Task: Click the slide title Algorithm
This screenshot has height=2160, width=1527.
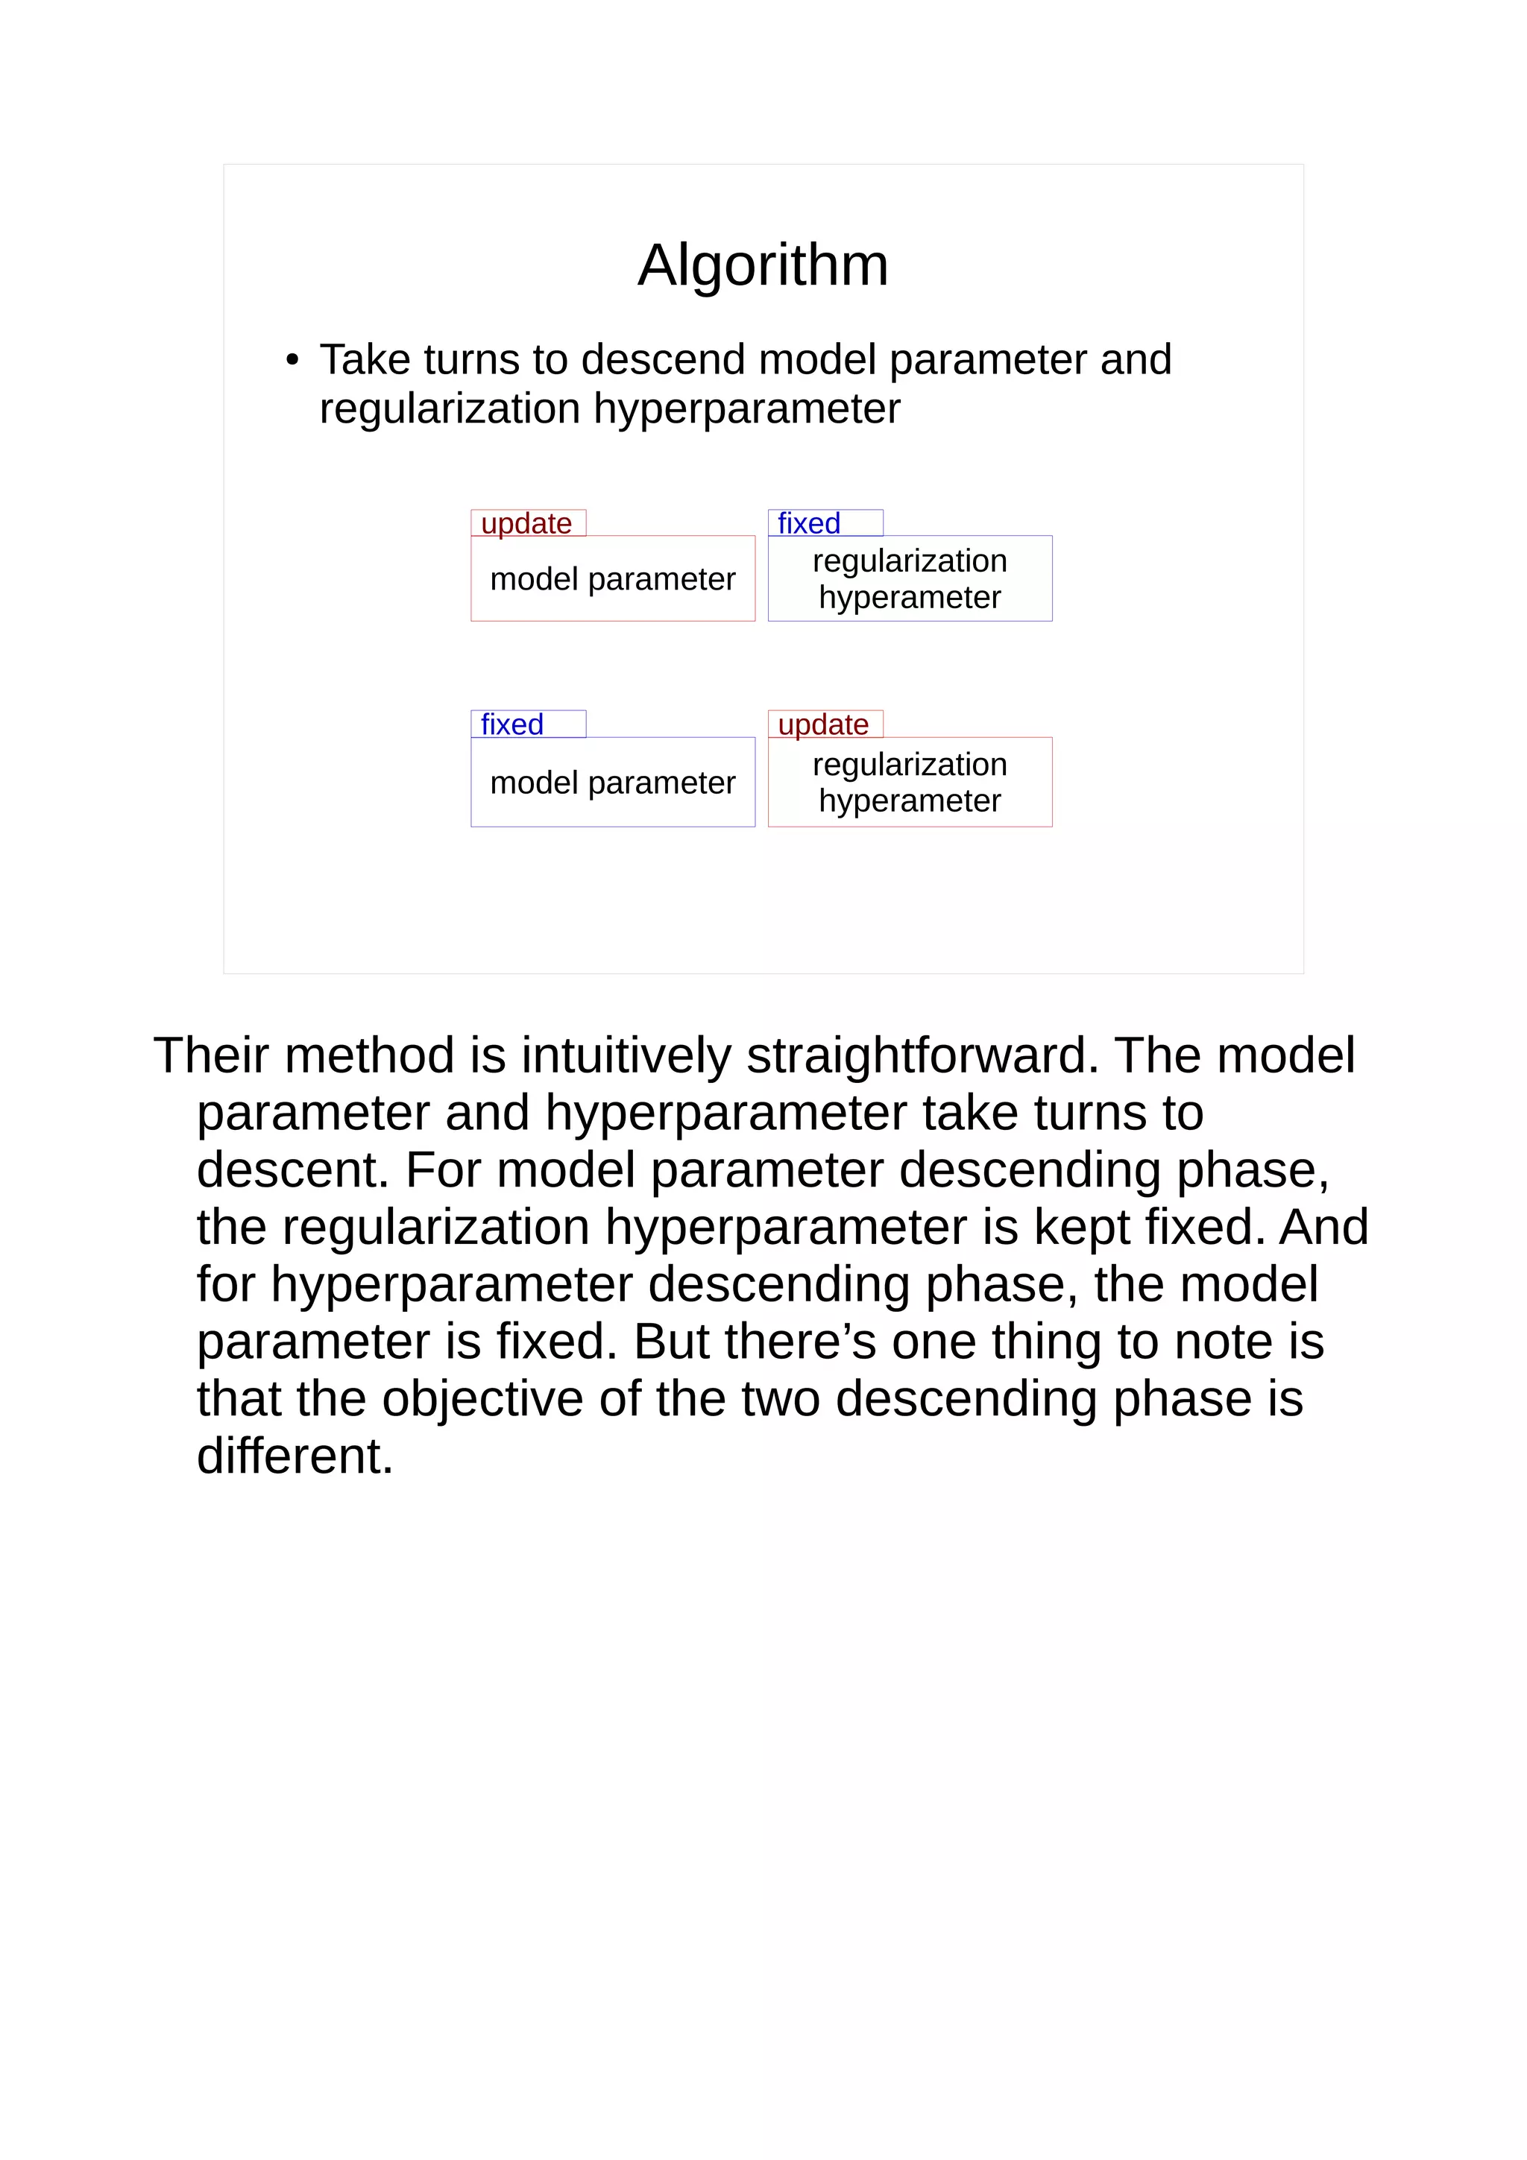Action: (x=762, y=265)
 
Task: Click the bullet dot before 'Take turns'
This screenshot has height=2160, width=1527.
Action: (x=292, y=360)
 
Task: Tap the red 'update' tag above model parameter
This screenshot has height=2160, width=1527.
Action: (x=527, y=523)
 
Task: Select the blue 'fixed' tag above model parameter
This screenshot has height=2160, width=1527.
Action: (x=513, y=724)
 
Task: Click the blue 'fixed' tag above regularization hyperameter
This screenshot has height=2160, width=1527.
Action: (x=810, y=523)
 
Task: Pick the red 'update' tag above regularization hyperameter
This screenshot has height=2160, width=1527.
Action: (x=823, y=724)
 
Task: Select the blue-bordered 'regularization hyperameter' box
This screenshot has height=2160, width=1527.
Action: (x=910, y=578)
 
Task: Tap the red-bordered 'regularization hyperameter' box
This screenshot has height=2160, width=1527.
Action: (x=910, y=782)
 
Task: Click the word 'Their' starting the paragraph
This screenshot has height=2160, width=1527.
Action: (x=211, y=1055)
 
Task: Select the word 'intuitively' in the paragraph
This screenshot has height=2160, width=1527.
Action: (x=626, y=1055)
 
